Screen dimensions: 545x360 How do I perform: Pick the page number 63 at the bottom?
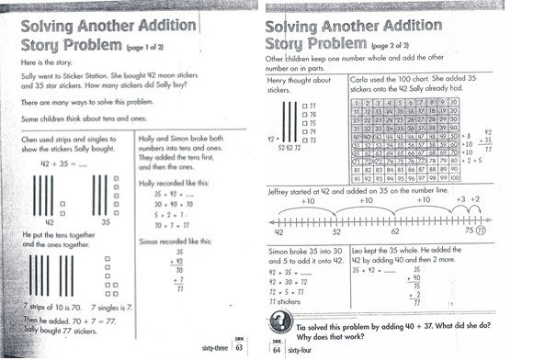coord(237,347)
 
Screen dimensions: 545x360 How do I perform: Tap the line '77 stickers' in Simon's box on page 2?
coord(288,301)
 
